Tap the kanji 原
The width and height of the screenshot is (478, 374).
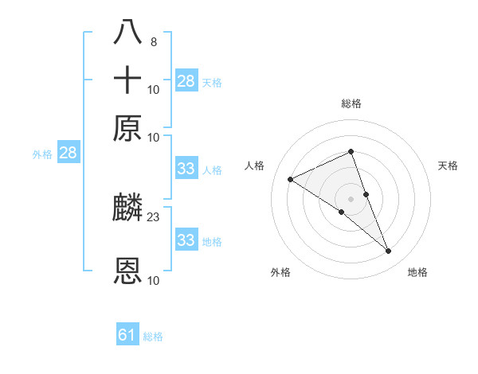[128, 128]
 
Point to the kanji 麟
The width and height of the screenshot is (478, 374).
[128, 208]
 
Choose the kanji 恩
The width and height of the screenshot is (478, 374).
[128, 271]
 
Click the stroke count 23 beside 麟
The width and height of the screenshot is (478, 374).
[154, 216]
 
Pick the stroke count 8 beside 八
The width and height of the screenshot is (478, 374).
[153, 41]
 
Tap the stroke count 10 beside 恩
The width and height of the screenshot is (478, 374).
[154, 280]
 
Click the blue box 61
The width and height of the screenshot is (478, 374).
[127, 335]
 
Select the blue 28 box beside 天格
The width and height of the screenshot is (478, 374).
[186, 81]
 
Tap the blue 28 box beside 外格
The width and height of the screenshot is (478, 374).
[68, 154]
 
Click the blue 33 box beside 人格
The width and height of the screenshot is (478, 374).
[186, 169]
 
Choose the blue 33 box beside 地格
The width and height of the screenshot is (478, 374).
[186, 240]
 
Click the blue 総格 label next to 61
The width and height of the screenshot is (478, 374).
[153, 337]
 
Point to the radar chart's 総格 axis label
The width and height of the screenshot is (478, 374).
[351, 103]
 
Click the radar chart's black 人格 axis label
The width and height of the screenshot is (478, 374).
[255, 166]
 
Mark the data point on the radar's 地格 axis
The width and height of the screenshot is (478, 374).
[389, 251]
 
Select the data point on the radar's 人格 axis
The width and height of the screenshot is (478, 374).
[291, 179]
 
